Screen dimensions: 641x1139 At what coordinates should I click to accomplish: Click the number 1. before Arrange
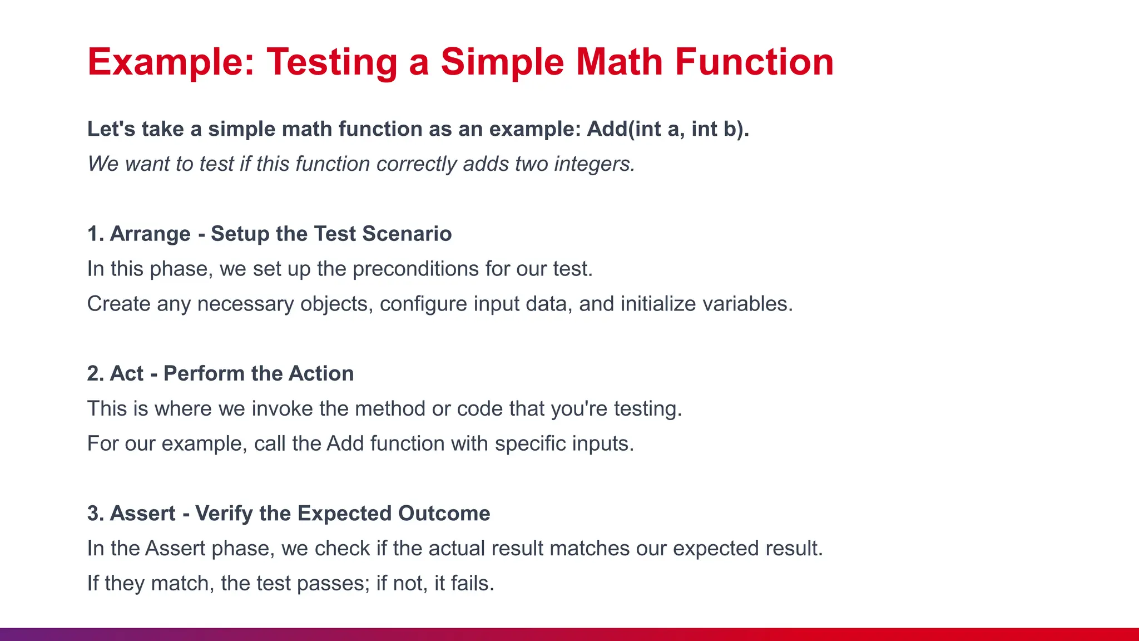coord(95,234)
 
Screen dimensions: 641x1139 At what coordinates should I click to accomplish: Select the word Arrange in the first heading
coord(150,234)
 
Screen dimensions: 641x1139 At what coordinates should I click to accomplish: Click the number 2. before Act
coord(96,373)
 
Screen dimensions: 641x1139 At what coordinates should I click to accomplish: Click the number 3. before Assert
coord(96,513)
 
